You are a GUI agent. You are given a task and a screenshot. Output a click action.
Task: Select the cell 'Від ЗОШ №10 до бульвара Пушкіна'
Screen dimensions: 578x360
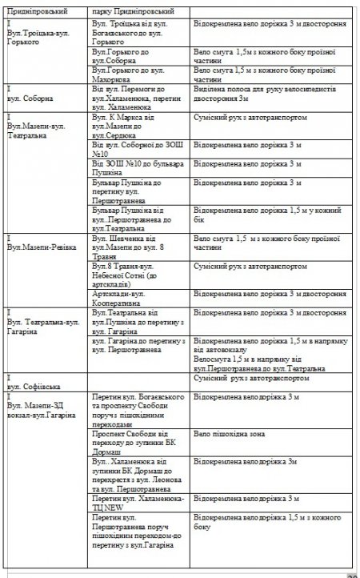click(x=138, y=167)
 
